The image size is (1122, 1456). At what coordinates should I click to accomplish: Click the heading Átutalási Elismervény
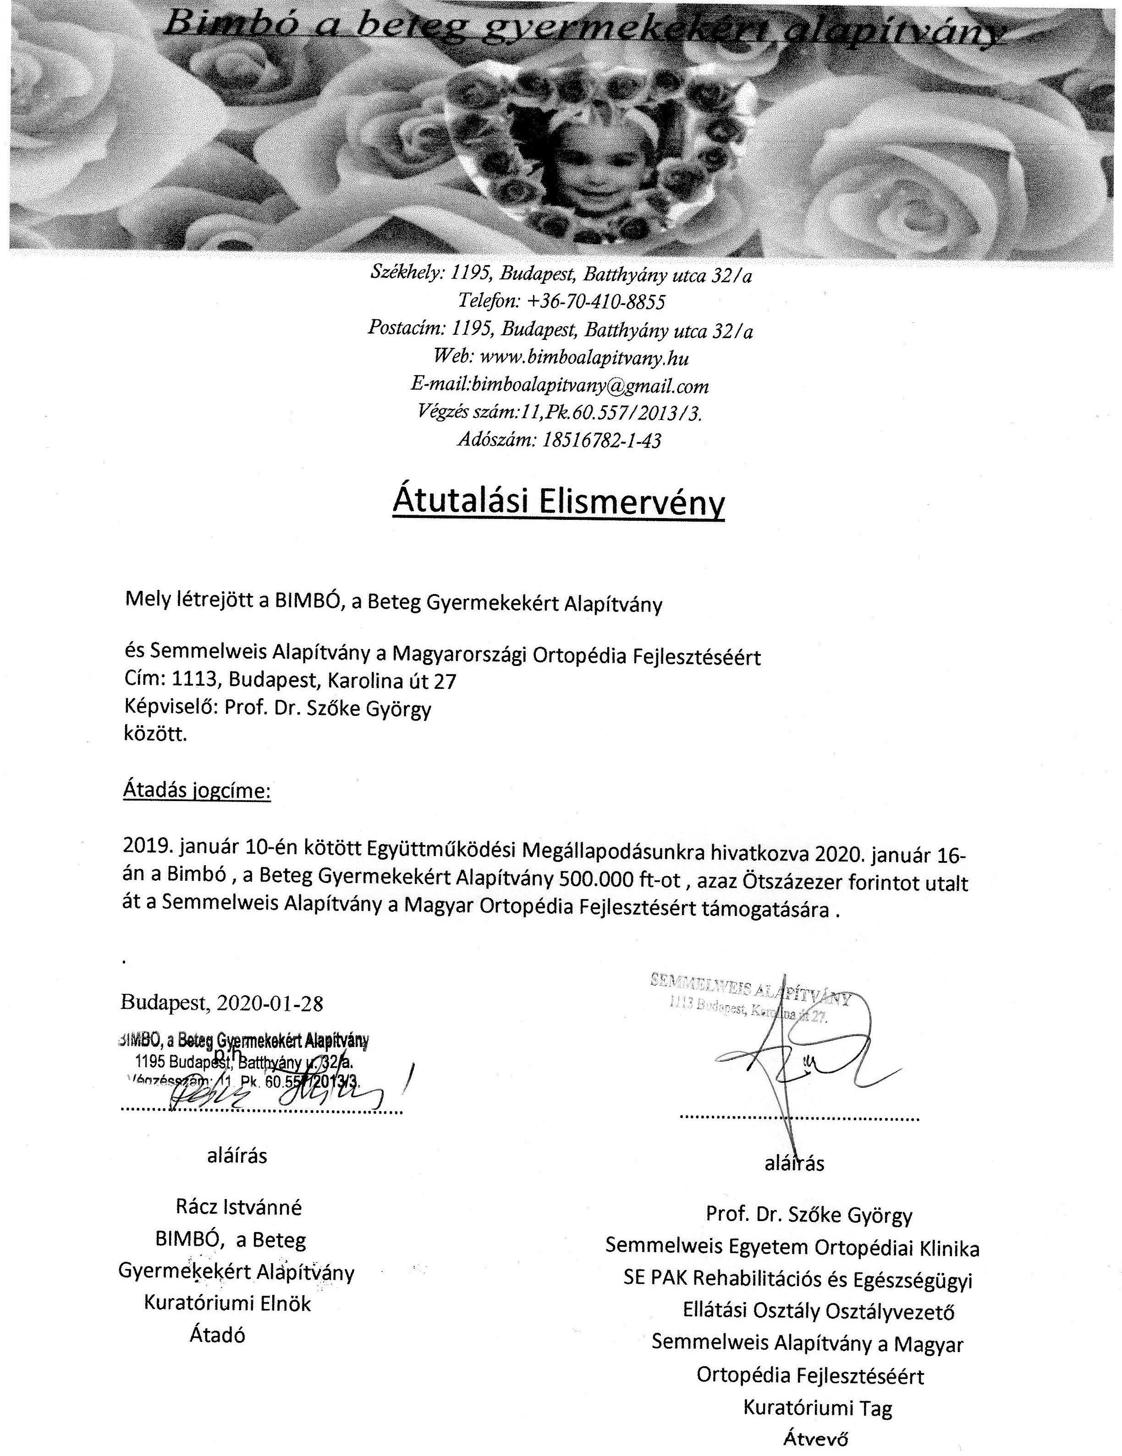(558, 502)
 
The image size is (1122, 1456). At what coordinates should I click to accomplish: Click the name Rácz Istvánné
(238, 1207)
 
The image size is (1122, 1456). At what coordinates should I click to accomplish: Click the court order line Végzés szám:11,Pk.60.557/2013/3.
(559, 413)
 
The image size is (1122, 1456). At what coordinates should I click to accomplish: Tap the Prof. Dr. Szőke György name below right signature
(809, 1215)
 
